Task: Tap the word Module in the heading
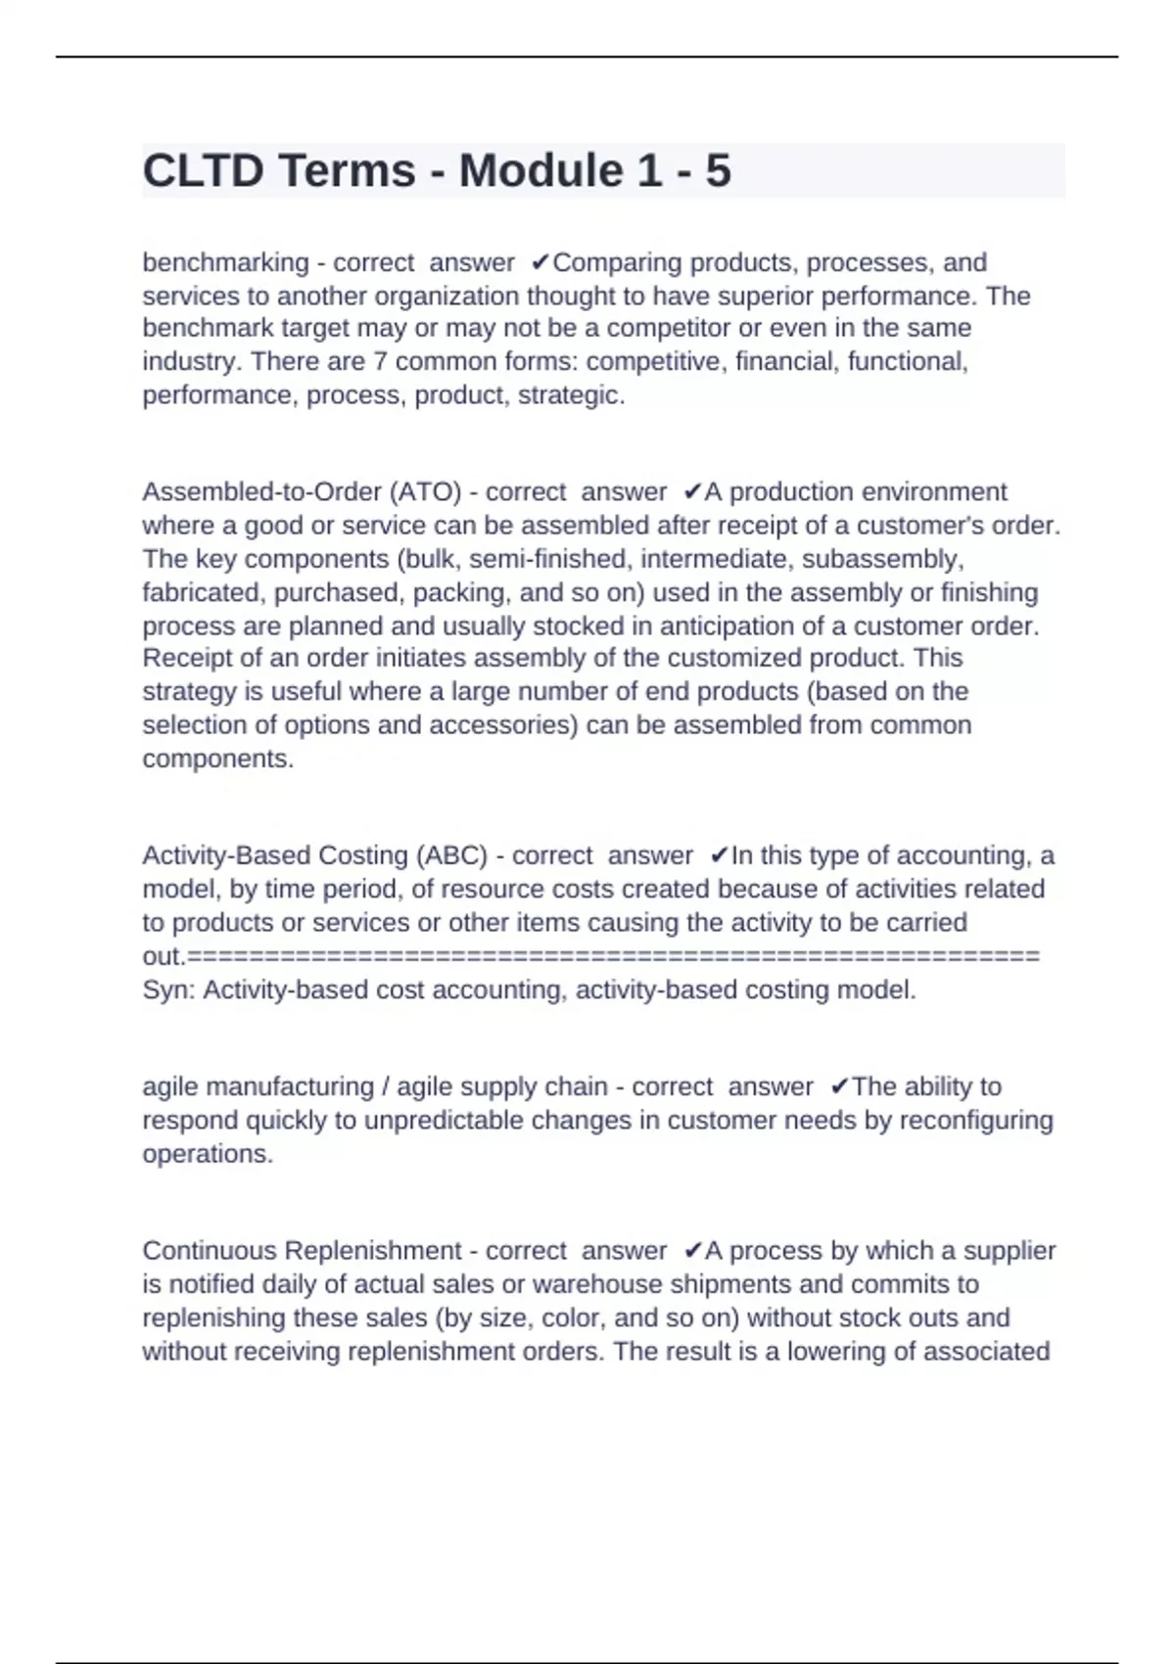point(540,170)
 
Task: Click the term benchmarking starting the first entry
point(225,262)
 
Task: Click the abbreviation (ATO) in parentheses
point(425,491)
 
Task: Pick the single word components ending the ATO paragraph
point(217,759)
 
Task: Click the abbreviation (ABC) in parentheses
point(451,855)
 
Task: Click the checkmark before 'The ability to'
point(838,1086)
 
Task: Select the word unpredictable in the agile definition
point(444,1120)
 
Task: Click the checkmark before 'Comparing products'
point(540,262)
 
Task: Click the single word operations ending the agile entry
point(208,1154)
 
